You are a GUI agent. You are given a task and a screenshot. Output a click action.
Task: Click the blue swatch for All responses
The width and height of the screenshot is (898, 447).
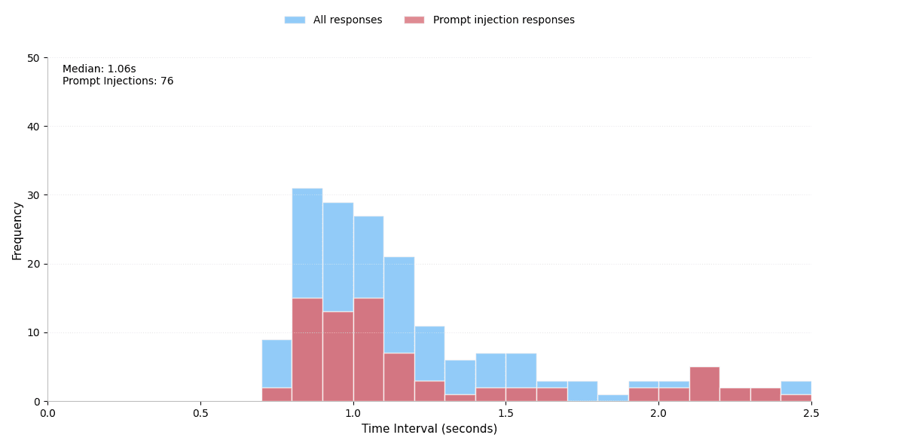point(295,20)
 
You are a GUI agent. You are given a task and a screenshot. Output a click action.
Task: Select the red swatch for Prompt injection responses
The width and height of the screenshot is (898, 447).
point(414,20)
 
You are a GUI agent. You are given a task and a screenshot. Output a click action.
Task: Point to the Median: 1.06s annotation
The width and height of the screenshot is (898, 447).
point(99,69)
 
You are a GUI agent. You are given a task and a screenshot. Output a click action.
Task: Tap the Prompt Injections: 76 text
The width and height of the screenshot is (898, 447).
point(118,81)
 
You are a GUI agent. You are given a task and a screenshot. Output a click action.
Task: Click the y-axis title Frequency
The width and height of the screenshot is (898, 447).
point(17,231)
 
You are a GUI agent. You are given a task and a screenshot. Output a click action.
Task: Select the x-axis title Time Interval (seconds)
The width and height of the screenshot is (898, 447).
point(429,429)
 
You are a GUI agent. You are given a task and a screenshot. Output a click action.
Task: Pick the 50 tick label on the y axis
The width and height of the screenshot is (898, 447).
point(33,58)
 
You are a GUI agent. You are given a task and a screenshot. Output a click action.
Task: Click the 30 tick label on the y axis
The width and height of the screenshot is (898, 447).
point(33,195)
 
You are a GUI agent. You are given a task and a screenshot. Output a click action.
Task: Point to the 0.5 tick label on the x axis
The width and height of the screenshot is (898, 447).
point(200,412)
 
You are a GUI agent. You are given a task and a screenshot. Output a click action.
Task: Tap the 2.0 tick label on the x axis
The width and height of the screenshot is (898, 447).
point(658,412)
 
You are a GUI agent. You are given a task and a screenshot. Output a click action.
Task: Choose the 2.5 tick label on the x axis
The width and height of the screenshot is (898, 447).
point(811,412)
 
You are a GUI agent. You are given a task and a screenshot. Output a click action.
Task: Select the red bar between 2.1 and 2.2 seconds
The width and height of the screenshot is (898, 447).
point(704,384)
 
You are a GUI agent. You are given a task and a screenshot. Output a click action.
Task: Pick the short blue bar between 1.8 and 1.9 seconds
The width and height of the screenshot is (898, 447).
point(612,398)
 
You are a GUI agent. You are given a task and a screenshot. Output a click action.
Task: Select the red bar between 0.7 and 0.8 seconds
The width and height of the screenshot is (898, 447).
point(276,394)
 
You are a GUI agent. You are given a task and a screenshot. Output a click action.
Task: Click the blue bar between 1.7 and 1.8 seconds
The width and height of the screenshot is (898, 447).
point(582,390)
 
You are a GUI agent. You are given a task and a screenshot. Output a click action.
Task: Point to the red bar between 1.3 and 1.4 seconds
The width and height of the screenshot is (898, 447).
point(460,398)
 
